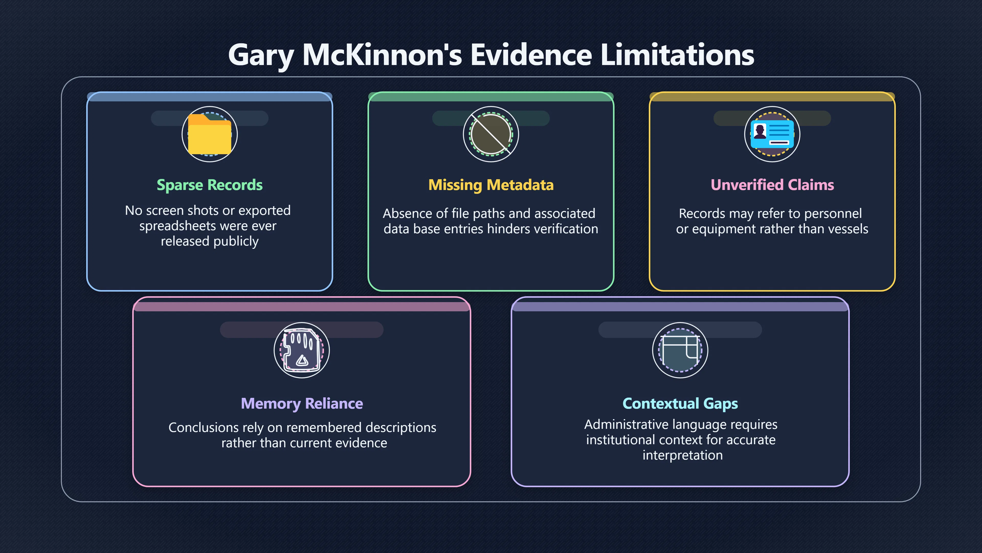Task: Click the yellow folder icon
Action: point(210,134)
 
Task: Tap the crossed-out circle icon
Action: point(491,134)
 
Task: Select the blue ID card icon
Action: point(772,134)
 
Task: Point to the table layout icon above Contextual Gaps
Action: point(680,350)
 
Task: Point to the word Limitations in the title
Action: point(677,55)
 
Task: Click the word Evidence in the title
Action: point(531,55)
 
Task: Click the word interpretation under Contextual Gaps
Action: point(682,455)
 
